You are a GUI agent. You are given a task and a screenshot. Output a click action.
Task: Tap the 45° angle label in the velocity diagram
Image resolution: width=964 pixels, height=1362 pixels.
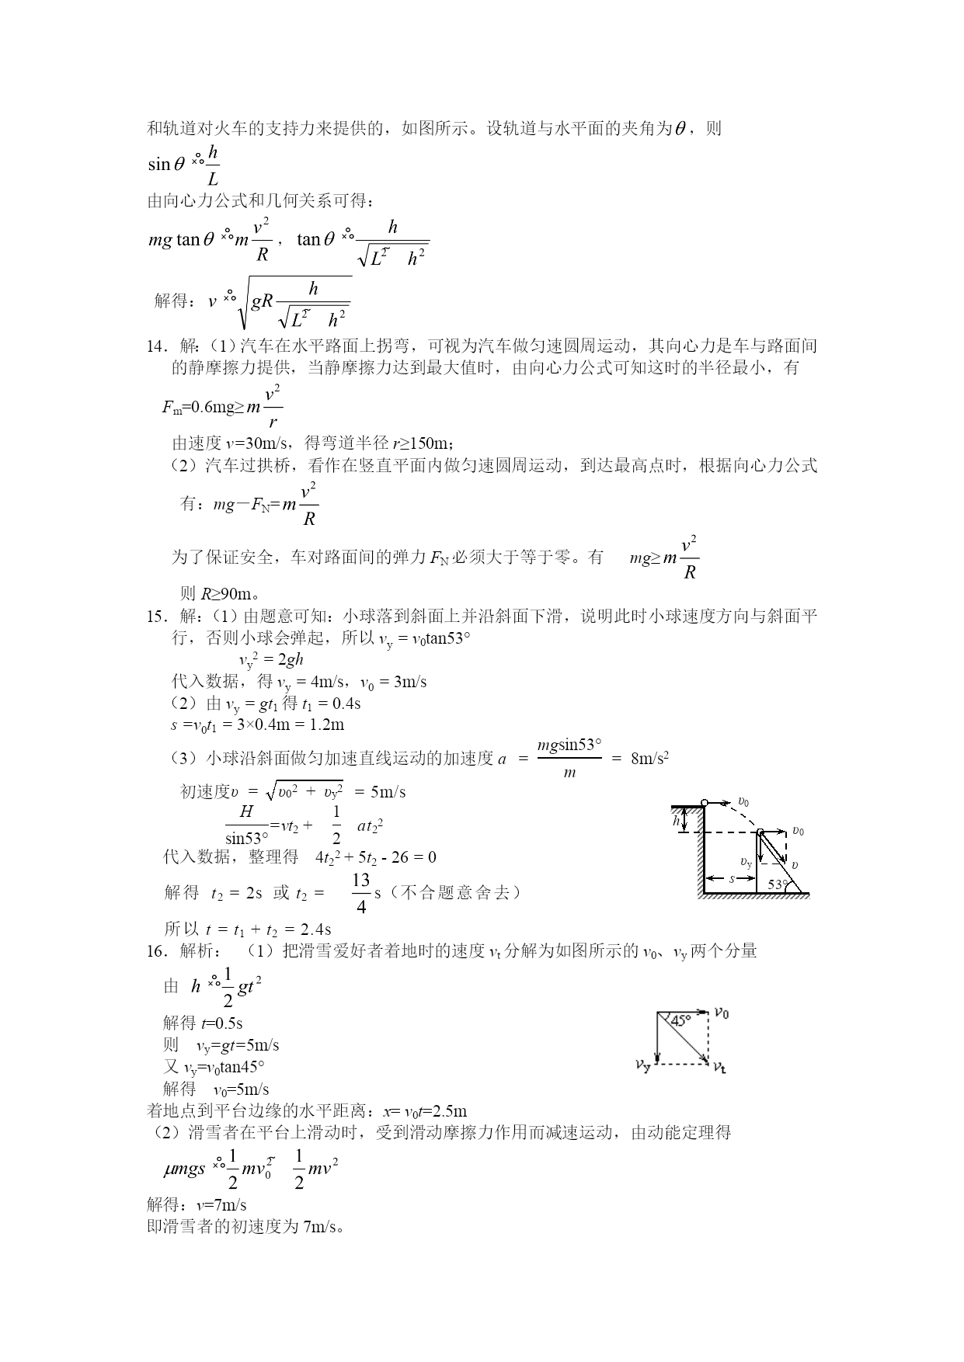pyautogui.click(x=680, y=1021)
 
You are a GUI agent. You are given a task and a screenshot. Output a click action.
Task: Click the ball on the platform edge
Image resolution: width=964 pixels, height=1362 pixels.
pyautogui.click(x=704, y=802)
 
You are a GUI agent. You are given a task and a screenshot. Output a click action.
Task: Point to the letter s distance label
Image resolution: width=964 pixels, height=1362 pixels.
pyautogui.click(x=731, y=878)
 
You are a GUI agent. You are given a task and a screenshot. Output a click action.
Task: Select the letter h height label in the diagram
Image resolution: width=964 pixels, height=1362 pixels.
pyautogui.click(x=677, y=820)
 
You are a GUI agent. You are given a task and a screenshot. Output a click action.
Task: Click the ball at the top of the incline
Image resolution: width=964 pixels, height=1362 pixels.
pyautogui.click(x=760, y=832)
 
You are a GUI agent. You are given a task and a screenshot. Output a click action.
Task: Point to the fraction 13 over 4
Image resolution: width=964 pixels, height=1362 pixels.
pyautogui.click(x=361, y=893)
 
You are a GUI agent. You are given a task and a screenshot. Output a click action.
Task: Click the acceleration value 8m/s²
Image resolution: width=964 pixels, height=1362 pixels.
pyautogui.click(x=650, y=759)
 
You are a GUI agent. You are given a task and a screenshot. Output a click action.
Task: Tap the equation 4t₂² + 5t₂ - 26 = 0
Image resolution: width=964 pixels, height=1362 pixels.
pyautogui.click(x=376, y=857)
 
